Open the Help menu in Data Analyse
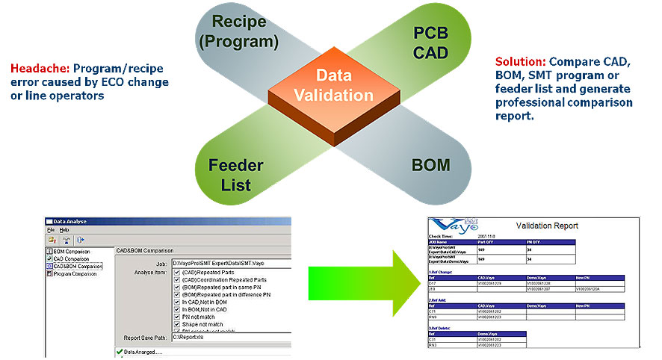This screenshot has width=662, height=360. point(65,230)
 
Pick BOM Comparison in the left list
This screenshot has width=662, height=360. point(72,252)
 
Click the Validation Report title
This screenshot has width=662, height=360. point(547,225)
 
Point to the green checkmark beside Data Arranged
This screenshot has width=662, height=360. point(119,351)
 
